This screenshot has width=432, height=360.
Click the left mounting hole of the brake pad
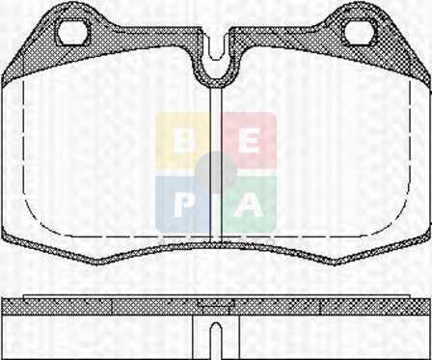click(72, 32)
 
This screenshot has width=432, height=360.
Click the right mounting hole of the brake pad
click(360, 32)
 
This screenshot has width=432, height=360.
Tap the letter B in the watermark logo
click(183, 142)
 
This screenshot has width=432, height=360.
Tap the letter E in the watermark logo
click(250, 142)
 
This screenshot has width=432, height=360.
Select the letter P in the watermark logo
click(183, 206)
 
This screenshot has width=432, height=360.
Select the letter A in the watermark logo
click(248, 206)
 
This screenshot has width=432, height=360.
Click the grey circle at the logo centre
click(216, 173)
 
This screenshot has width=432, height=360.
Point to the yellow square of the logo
click(182, 141)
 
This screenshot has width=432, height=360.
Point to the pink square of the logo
click(250, 141)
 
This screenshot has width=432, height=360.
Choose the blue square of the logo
click(182, 205)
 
